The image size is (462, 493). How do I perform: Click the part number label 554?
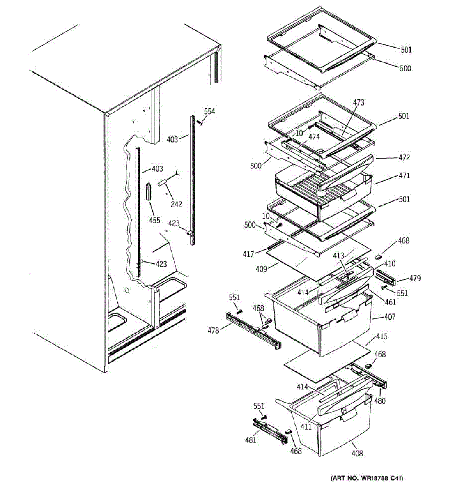tap(209, 111)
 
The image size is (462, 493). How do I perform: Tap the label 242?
tap(177, 204)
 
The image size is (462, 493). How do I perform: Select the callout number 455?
tap(154, 220)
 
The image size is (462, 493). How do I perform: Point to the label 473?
tap(359, 103)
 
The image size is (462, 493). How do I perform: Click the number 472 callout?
tap(404, 157)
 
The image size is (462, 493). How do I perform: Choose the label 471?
tap(404, 175)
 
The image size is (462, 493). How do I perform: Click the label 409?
tap(261, 269)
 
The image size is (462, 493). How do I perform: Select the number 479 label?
tap(415, 279)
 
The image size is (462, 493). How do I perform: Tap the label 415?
tap(382, 336)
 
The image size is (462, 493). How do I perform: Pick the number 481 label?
tap(251, 440)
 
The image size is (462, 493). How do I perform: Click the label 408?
tap(357, 453)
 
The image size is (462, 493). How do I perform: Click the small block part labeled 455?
tap(148, 191)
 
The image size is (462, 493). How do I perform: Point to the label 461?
tap(390, 302)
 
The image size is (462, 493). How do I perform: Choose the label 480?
tap(380, 401)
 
